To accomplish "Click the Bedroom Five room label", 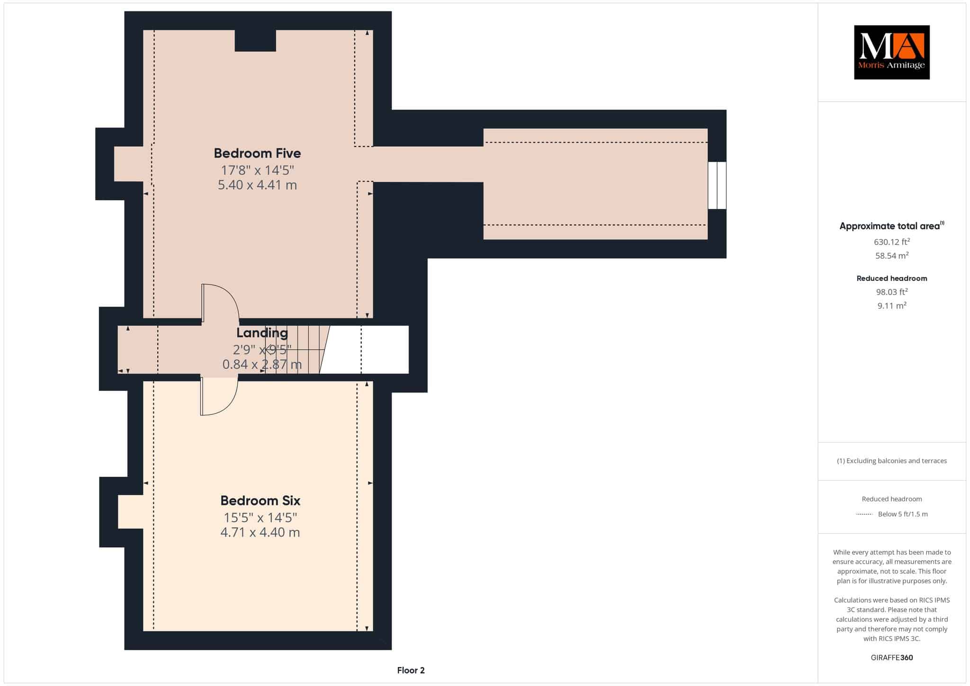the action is (x=257, y=153).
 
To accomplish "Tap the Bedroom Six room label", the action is (x=260, y=500).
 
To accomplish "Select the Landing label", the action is (x=262, y=333).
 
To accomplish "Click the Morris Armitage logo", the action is (x=891, y=52).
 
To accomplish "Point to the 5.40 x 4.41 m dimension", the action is (x=257, y=185).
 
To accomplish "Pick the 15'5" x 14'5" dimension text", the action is (x=260, y=517).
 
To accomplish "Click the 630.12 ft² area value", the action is (x=892, y=242).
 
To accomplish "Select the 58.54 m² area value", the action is (x=892, y=255).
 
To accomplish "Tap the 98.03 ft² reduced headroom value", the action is (x=892, y=292).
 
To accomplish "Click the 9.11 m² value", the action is (x=892, y=306).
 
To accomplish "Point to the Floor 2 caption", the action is (x=411, y=670).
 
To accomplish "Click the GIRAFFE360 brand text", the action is (x=892, y=658).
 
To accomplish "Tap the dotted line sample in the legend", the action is (x=864, y=514).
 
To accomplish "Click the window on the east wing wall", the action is (x=717, y=185).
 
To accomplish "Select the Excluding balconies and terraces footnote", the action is (x=892, y=460).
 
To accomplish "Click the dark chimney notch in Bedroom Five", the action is (x=255, y=40).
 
